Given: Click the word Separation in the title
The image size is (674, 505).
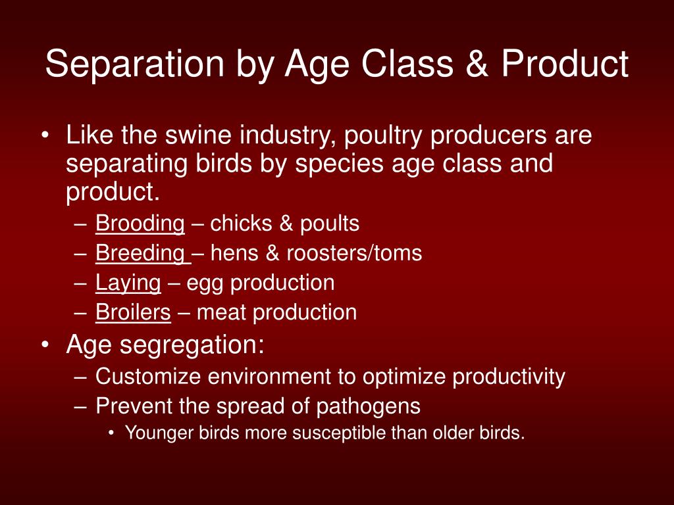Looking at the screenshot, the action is pos(134,64).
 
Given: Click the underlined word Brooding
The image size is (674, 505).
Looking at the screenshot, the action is pos(140,224).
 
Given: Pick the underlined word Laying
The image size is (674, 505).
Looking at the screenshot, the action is pos(128,283).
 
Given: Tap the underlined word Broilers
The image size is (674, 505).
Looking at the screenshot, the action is pos(133,312).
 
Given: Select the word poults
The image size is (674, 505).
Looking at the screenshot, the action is pos(330,224).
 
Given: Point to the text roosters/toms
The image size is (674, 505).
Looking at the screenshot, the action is pos(354,253).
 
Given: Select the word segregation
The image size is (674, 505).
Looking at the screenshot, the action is pos(192,345).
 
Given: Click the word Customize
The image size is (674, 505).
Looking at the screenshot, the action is pos(148,377).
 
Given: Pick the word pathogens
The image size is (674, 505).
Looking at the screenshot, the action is pos(369,407).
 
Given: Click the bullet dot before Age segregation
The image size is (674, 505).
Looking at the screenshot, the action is pos(45,345).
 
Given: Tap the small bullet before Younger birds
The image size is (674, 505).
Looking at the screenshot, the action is pos(112,433).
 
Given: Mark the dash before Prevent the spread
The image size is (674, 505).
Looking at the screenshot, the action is pos(80,407).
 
